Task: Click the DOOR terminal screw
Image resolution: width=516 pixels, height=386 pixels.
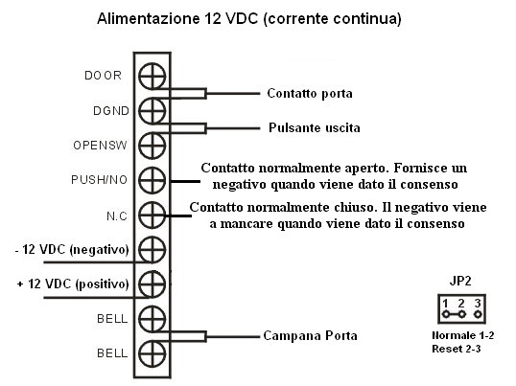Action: tap(152, 76)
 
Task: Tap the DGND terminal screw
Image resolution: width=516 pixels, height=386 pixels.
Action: tap(152, 111)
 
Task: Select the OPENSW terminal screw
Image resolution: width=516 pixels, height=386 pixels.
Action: tap(152, 146)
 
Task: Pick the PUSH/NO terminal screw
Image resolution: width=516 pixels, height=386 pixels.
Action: tap(152, 180)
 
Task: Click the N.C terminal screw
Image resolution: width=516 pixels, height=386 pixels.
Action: tap(152, 215)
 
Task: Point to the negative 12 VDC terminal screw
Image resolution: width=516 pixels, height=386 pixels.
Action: tap(152, 249)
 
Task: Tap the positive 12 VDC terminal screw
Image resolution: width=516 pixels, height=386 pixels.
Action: tap(152, 284)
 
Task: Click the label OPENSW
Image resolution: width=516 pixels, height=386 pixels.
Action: tap(100, 146)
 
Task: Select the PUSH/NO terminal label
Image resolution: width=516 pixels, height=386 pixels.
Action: tap(100, 180)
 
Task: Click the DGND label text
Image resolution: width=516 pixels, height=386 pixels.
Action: tap(111, 111)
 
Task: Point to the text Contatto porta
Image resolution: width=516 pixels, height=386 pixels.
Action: tap(310, 94)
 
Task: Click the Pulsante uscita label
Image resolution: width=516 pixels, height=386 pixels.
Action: tap(315, 127)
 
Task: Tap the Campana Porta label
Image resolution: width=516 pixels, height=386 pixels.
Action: tap(310, 336)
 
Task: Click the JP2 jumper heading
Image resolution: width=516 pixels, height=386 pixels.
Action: tap(460, 281)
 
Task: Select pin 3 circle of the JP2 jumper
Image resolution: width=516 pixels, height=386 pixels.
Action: tap(478, 314)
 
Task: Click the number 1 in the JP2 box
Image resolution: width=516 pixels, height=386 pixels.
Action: tap(445, 304)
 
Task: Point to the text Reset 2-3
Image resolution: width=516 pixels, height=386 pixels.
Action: tap(457, 349)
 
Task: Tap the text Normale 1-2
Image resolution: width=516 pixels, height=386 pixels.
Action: tap(463, 335)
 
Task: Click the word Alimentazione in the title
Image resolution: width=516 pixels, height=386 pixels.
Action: tap(149, 18)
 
